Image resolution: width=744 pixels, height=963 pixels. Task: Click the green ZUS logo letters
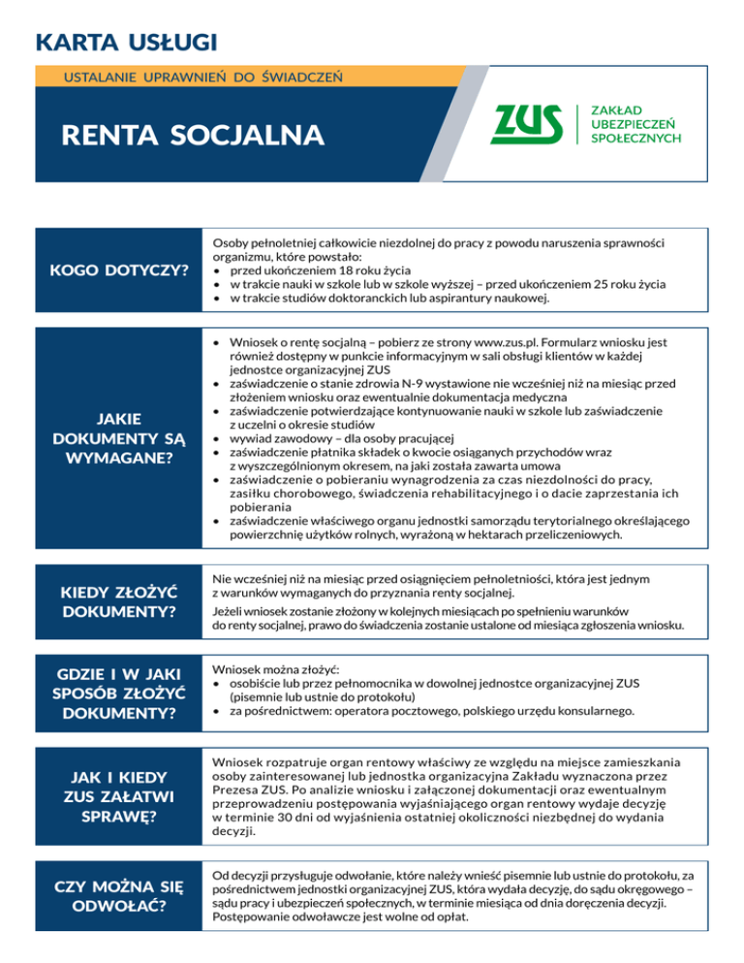(x=528, y=123)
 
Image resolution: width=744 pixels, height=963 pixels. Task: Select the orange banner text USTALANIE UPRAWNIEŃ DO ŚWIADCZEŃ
(x=201, y=75)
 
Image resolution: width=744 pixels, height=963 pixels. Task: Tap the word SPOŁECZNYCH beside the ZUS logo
(x=635, y=139)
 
